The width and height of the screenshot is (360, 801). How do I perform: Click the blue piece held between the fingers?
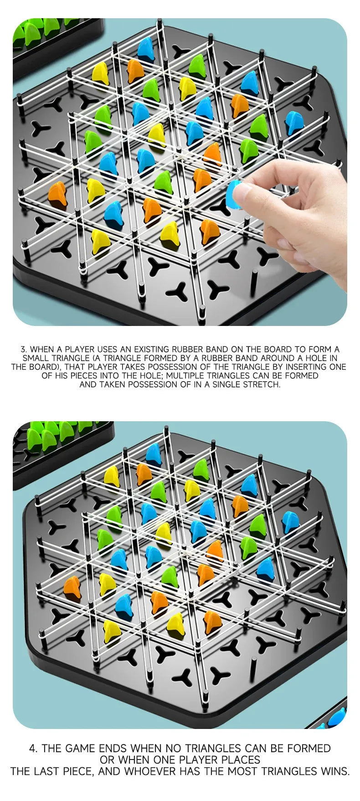[x=233, y=195]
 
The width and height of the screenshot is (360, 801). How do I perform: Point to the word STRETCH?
[x=262, y=384]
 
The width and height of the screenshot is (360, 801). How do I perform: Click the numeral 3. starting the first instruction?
[x=24, y=350]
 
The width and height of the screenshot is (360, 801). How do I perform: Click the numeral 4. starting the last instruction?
[x=33, y=749]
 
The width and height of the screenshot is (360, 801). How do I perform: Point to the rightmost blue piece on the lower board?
[x=290, y=522]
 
